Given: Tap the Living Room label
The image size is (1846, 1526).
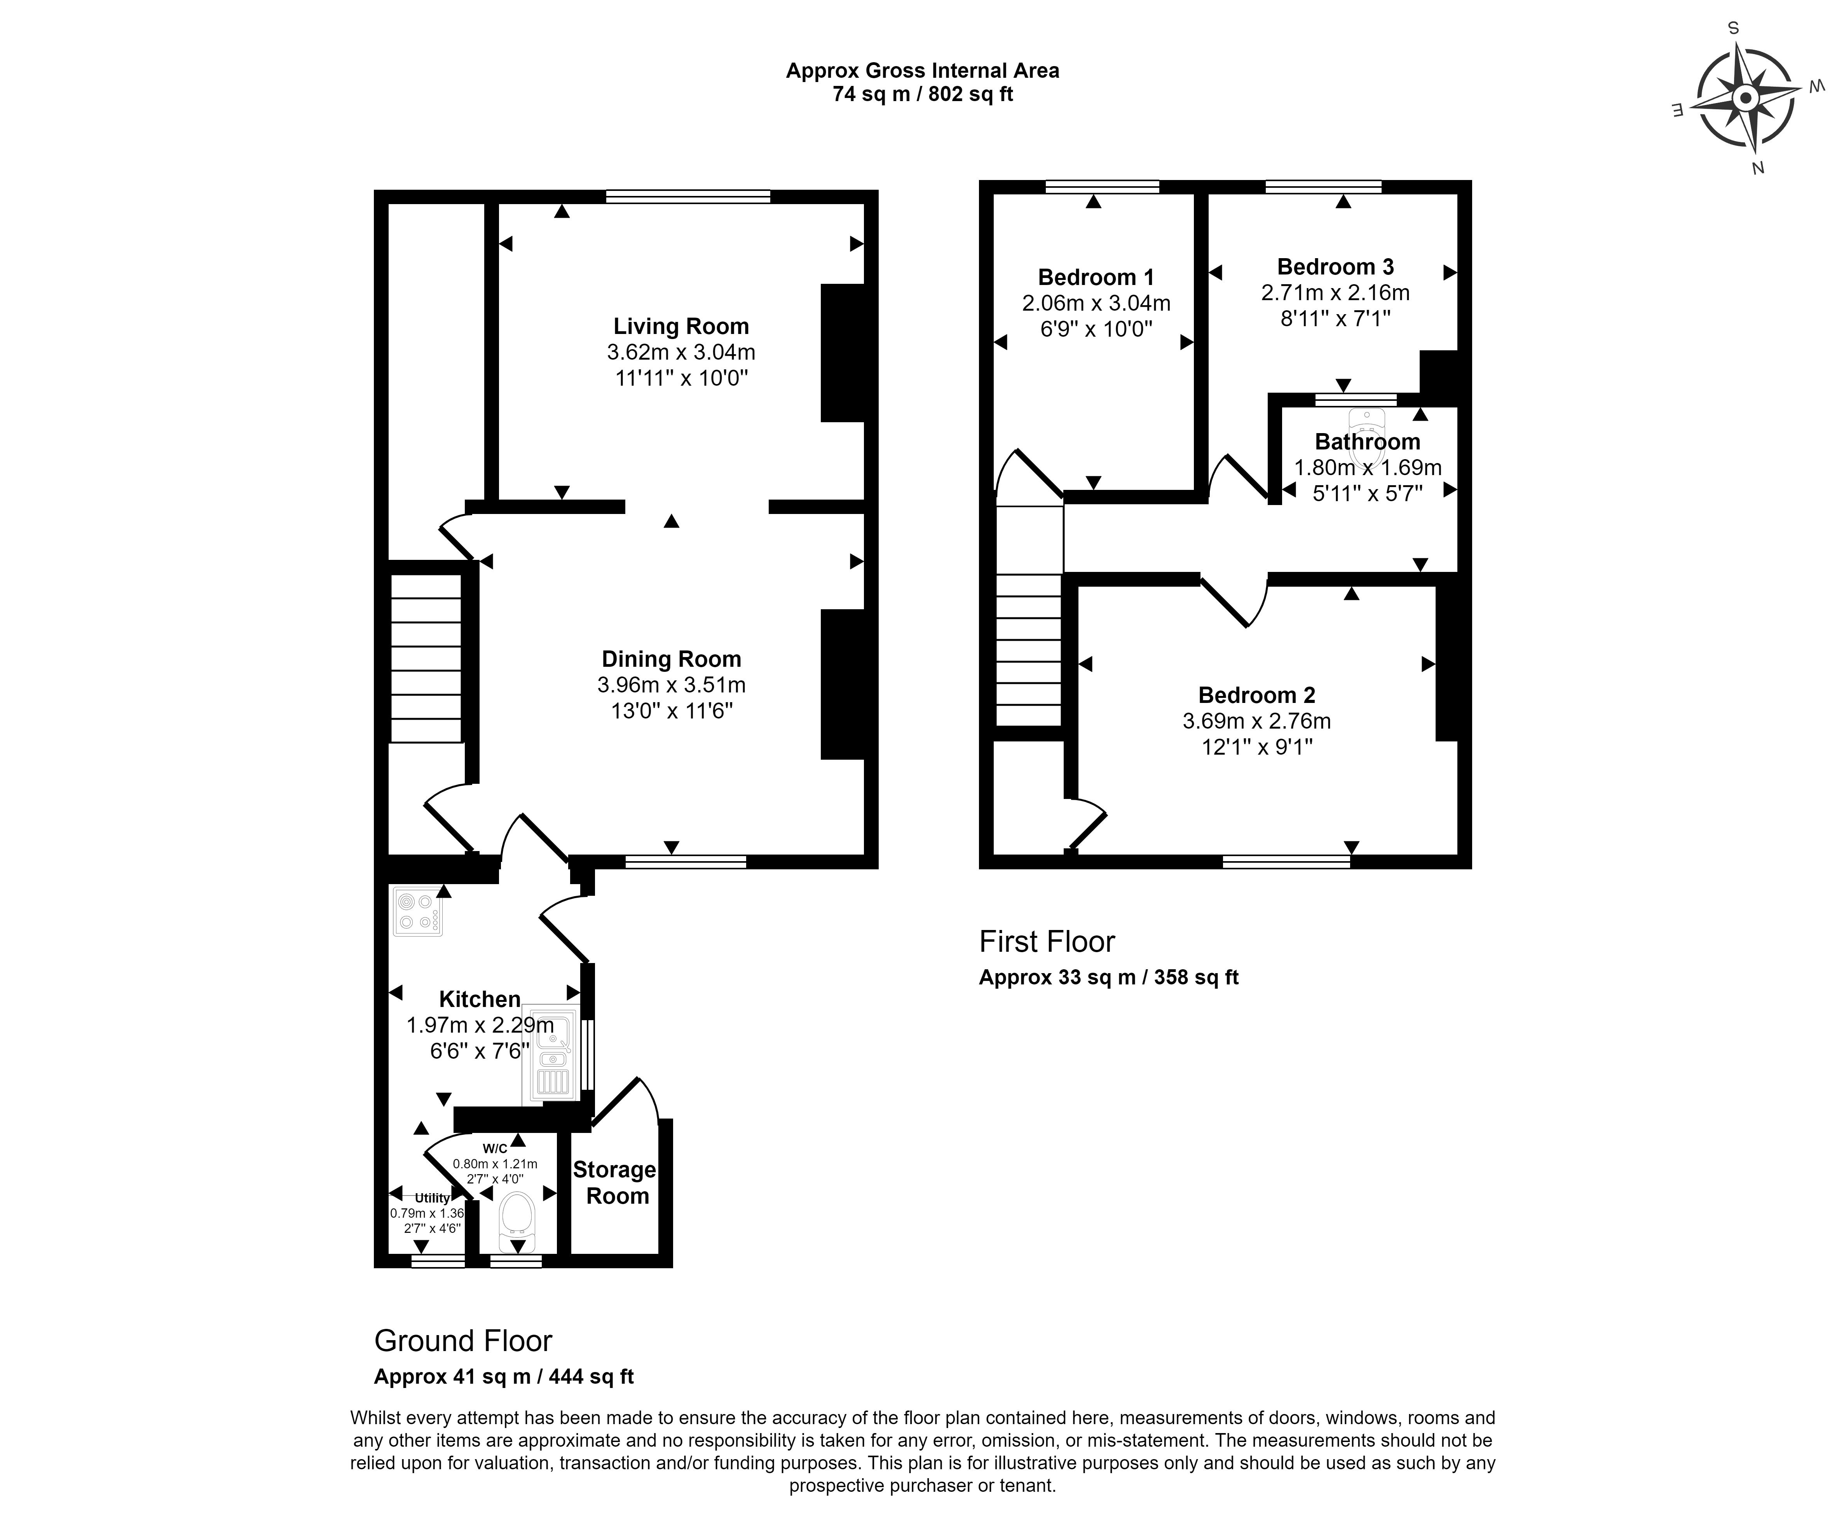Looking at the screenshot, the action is [681, 326].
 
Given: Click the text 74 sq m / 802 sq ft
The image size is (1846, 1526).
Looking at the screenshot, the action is [923, 94].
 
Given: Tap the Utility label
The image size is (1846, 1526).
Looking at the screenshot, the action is [432, 1198].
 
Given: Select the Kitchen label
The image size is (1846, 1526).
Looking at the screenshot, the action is [480, 1000].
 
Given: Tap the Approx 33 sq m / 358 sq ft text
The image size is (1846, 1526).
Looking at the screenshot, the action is [1109, 977].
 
